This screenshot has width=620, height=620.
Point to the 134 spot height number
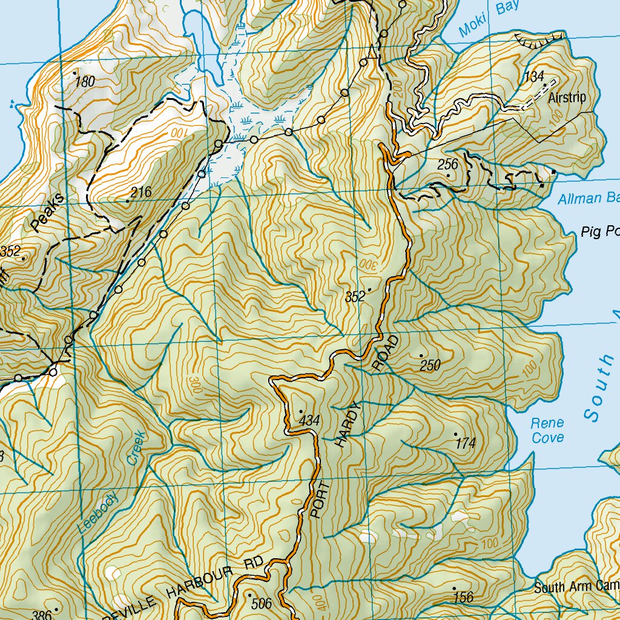[x=534, y=77]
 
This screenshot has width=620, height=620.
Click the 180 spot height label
[x=85, y=82]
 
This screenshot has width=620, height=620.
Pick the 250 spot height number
[x=430, y=365]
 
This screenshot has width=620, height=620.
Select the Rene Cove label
[x=547, y=430]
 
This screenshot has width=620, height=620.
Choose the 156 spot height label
[x=463, y=598]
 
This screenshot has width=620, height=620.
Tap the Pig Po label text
[x=600, y=232]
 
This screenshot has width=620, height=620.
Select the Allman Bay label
[x=587, y=199]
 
